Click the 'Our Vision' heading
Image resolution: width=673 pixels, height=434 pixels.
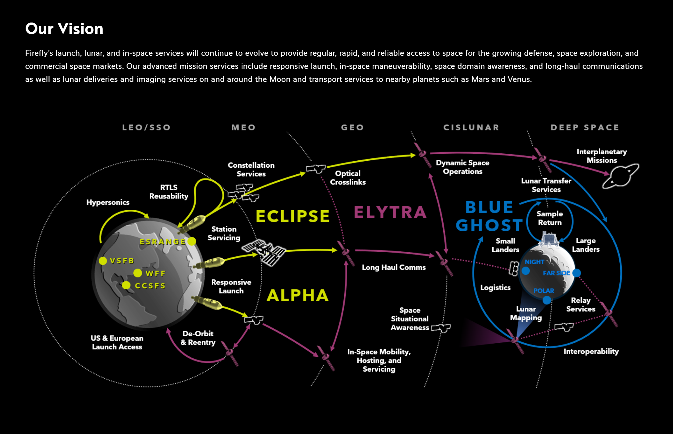pos(64,29)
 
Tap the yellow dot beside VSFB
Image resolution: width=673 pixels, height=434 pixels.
pos(103,261)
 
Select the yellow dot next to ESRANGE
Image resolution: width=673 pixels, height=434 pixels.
pos(192,241)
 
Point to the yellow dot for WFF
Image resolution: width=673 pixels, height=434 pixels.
pos(138,273)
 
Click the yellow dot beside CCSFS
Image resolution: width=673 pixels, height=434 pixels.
pos(126,285)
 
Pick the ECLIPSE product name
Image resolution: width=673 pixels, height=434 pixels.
pos(292,216)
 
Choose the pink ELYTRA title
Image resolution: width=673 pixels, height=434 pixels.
pos(390,212)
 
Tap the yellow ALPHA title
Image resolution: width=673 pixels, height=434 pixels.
pos(298,295)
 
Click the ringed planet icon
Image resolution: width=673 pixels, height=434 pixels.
pos(621,176)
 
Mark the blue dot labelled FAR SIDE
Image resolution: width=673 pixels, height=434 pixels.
pos(576,273)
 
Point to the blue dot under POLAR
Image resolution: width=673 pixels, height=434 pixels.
pos(547,300)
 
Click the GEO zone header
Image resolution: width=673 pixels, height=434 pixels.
pos(352,128)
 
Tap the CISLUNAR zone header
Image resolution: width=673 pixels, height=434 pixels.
pos(471,128)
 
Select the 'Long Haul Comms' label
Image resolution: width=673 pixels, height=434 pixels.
pos(394,267)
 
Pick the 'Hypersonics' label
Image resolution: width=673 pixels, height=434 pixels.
pos(108,202)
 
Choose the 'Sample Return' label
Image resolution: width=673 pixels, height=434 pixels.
pos(550,218)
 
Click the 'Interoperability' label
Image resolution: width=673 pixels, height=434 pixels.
pos(591,352)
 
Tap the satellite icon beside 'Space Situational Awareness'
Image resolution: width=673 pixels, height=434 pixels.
pos(441,328)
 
